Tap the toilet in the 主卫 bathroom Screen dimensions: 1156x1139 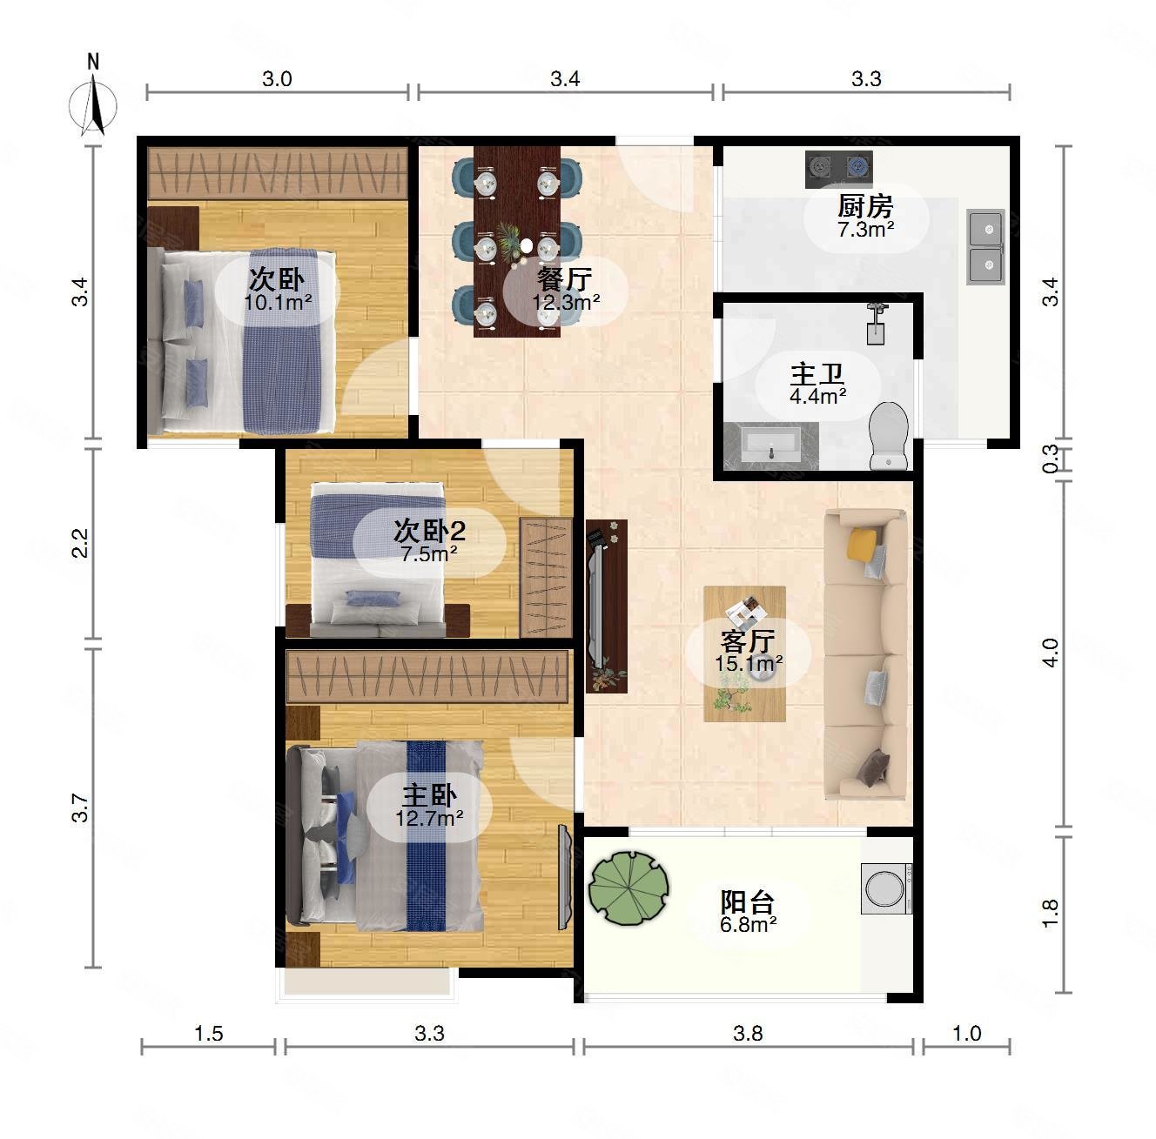pos(889,435)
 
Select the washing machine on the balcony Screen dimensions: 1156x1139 pos(886,888)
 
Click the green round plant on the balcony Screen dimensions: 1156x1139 pos(628,888)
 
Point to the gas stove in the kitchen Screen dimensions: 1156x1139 pos(838,169)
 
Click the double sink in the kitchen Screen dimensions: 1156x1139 pos(985,246)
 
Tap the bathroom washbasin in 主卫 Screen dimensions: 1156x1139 pos(771,446)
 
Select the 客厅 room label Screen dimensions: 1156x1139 pos(748,641)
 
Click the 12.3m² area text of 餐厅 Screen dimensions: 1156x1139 pos(566,302)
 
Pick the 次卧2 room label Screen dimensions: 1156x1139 pos(429,530)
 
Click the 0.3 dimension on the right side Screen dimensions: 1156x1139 pos(1050,459)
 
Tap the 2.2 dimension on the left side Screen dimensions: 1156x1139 pos(80,543)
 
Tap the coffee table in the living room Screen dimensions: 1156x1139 pos(744,653)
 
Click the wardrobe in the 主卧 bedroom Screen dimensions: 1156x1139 pos(427,676)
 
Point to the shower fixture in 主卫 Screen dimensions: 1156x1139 pos(877,324)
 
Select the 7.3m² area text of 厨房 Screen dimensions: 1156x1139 pos(865,229)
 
